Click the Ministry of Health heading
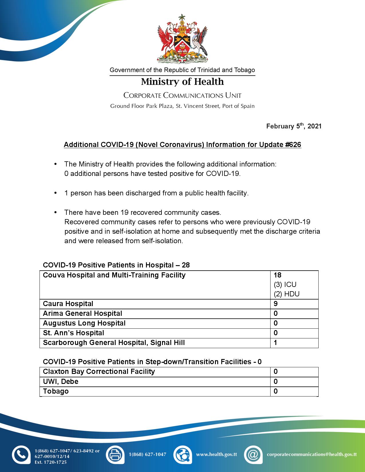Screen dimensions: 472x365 tap(182, 82)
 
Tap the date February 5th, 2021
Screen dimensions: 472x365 tap(294, 126)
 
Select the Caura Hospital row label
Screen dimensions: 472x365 tap(68, 304)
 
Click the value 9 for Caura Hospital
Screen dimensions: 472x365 tap(276, 304)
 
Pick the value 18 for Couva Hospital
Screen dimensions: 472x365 tap(277, 275)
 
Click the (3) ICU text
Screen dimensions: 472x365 tap(285, 285)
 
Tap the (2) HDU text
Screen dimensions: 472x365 tap(287, 294)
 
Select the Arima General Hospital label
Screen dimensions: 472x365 tap(82, 314)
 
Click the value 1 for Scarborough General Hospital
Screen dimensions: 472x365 tap(275, 343)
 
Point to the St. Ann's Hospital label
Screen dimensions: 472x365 tap(73, 333)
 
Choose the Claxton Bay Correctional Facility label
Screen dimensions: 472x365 tap(99, 372)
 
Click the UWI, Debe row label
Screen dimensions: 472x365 tap(60, 382)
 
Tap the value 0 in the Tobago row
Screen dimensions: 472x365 tap(276, 391)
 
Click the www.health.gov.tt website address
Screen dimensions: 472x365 tap(216, 454)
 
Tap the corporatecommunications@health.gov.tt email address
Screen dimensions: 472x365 tap(312, 454)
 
